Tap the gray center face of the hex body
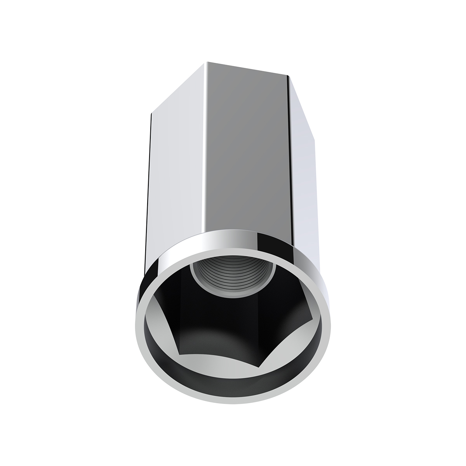coord(249,155)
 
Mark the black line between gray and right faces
coord(289,155)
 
